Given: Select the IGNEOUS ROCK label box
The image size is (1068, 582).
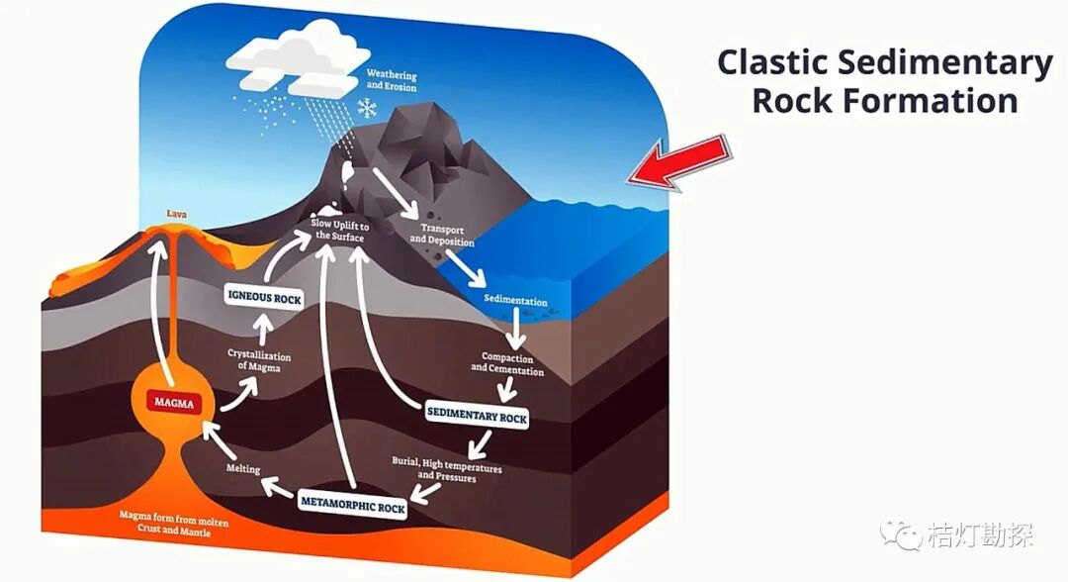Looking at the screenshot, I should (264, 298).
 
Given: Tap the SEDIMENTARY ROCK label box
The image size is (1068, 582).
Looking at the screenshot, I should (477, 417).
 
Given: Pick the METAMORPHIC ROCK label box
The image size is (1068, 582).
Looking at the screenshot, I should (353, 508).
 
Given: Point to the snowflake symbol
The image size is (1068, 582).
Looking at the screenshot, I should (368, 107).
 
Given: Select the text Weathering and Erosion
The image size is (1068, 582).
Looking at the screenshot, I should (392, 81).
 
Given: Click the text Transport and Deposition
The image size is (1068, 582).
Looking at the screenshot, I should (442, 236).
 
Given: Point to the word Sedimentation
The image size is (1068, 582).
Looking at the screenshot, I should (515, 300).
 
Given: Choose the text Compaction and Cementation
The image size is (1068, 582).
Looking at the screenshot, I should (507, 363).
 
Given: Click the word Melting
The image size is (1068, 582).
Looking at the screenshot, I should (243, 468).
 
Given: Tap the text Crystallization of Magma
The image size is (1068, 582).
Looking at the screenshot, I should (260, 359).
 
